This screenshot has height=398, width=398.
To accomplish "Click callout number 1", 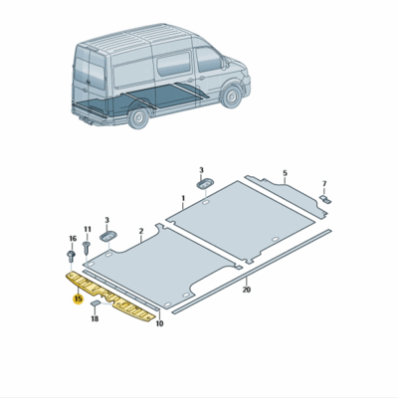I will pyautogui.click(x=183, y=199).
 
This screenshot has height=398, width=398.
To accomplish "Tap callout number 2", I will pyautogui.click(x=141, y=231).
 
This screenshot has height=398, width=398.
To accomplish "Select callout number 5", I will pyautogui.click(x=285, y=172).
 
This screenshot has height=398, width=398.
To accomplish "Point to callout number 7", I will pyautogui.click(x=324, y=184).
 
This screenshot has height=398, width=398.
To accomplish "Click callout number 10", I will pyautogui.click(x=159, y=324).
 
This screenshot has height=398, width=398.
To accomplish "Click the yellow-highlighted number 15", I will pyautogui.click(x=78, y=298).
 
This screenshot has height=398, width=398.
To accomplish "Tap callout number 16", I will pyautogui.click(x=72, y=240).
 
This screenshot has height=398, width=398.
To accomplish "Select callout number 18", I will pyautogui.click(x=95, y=319).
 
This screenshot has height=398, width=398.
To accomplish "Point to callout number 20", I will pyautogui.click(x=246, y=291).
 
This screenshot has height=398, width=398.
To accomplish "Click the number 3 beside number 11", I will pyautogui.click(x=107, y=219).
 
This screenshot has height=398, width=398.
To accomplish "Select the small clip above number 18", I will pyautogui.click(x=95, y=300).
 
